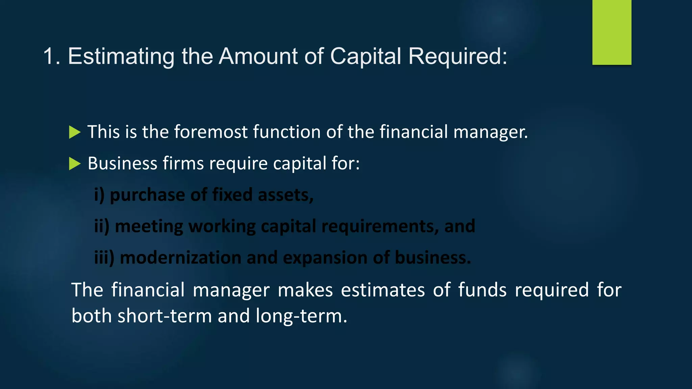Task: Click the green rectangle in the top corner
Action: click(612, 32)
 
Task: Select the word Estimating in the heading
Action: click(121, 56)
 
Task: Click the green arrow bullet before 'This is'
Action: click(75, 132)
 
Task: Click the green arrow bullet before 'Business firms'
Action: click(75, 164)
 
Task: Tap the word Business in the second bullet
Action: click(122, 163)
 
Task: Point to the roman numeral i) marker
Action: click(99, 195)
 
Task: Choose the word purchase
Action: click(147, 195)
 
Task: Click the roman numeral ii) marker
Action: click(102, 226)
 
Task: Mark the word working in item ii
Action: click(222, 227)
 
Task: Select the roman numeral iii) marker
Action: click(104, 258)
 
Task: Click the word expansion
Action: click(325, 258)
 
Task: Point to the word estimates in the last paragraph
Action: click(382, 290)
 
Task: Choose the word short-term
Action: click(165, 316)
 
